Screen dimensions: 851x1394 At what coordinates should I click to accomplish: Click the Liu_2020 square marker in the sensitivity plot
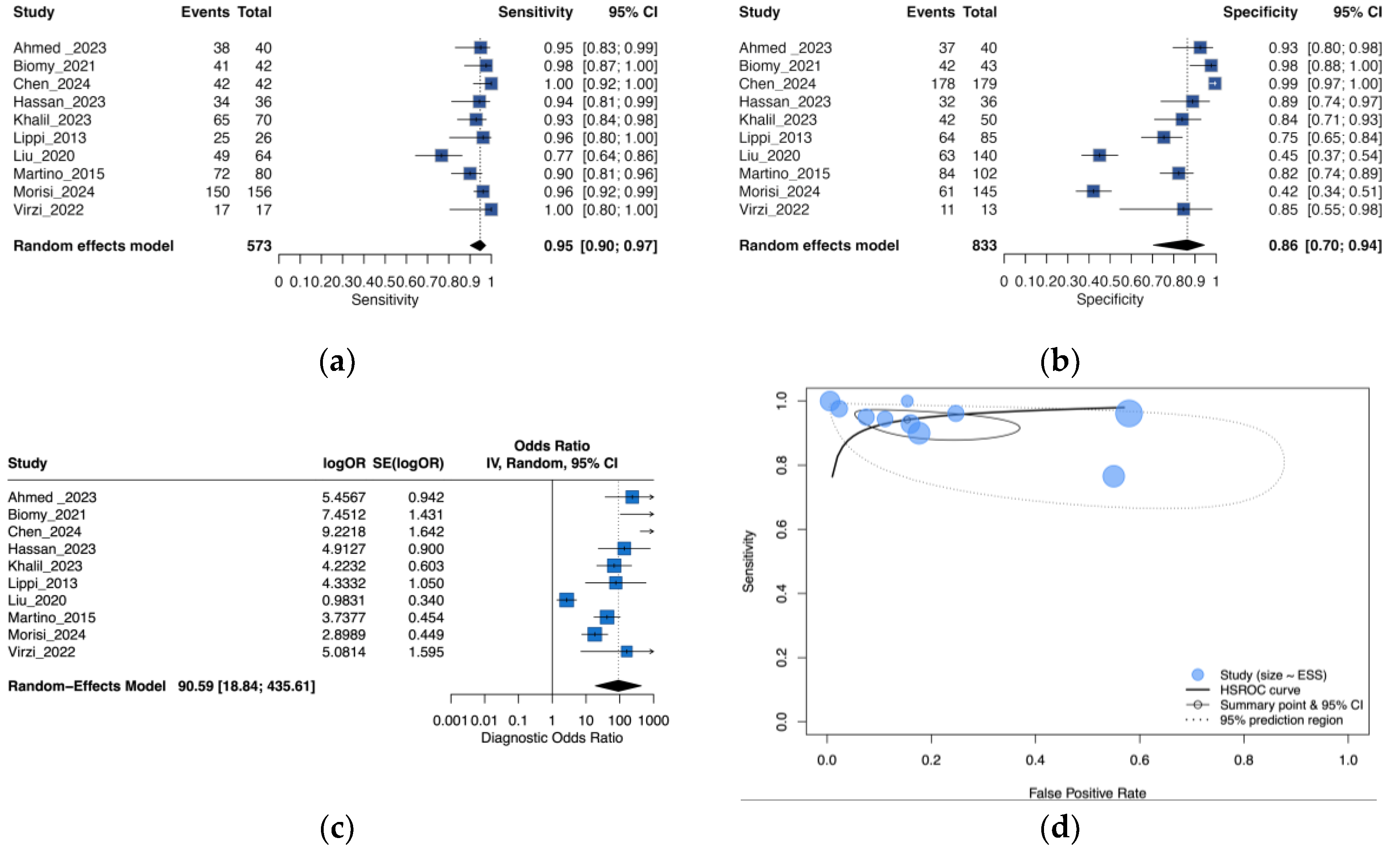click(441, 155)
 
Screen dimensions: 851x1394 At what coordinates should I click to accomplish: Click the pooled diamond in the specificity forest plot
click(1179, 245)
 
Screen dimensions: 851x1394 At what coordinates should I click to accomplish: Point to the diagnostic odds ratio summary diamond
click(618, 685)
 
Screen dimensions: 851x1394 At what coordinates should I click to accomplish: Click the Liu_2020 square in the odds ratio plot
click(566, 600)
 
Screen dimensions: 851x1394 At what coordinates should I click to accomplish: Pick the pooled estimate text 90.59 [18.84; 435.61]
click(246, 686)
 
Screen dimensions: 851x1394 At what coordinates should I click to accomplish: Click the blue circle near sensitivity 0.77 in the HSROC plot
click(1113, 477)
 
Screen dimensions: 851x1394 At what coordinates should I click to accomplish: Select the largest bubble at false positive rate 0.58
click(1129, 414)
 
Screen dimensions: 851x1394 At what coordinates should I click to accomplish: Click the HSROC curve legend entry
click(1259, 690)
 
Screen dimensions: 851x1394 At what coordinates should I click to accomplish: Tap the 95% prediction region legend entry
click(1281, 720)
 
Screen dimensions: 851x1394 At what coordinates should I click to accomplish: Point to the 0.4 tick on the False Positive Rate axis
click(1035, 759)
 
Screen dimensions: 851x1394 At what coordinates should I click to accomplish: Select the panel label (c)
click(337, 828)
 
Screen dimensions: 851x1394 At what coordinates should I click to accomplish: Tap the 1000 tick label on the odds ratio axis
click(653, 720)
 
